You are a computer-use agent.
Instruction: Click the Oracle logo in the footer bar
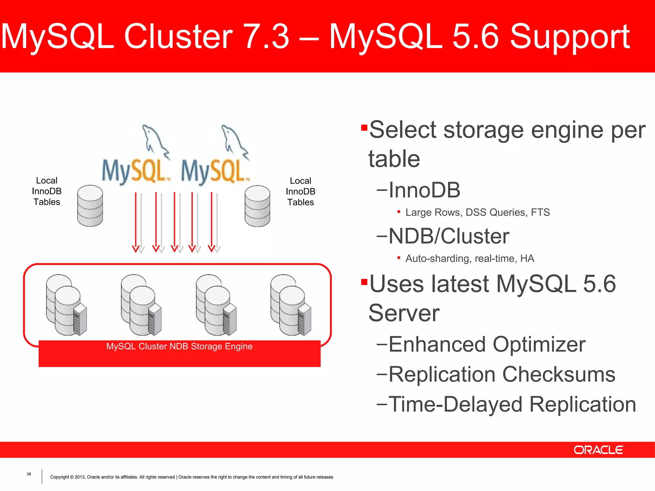pyautogui.click(x=598, y=450)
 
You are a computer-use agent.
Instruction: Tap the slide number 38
pyautogui.click(x=29, y=474)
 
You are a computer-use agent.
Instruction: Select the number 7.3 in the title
pyautogui.click(x=266, y=36)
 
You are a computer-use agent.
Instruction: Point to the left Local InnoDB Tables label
pyautogui.click(x=47, y=191)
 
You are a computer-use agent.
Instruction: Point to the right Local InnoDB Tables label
pyautogui.click(x=300, y=191)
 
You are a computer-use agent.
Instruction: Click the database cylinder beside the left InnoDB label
pyautogui.click(x=90, y=206)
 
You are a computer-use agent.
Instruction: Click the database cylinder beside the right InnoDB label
pyautogui.click(x=257, y=206)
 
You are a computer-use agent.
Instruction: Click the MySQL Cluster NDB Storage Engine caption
pyautogui.click(x=179, y=347)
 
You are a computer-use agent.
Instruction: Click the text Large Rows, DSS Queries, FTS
pyautogui.click(x=477, y=212)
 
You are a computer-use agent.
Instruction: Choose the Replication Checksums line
pyautogui.click(x=501, y=374)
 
